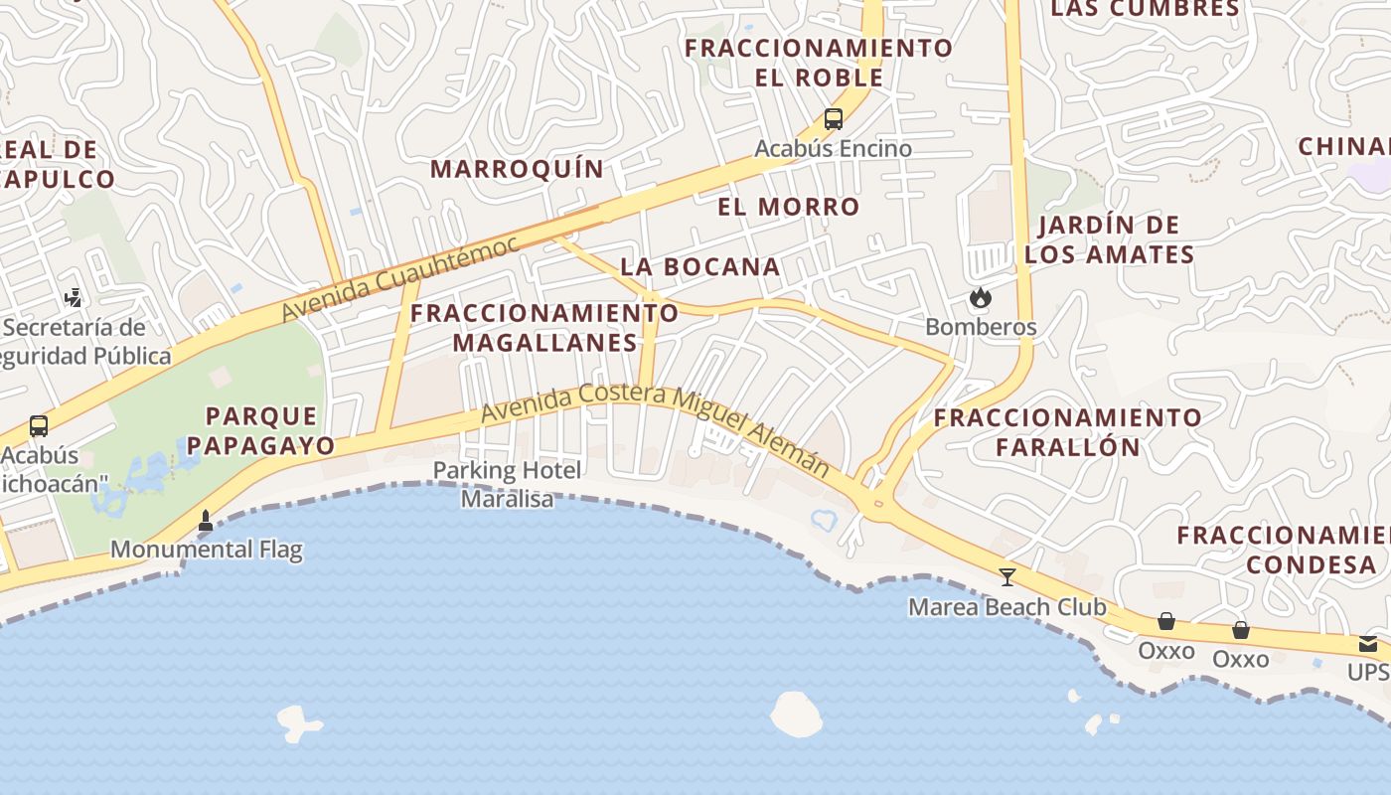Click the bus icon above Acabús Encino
pyautogui.click(x=834, y=119)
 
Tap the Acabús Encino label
pyautogui.click(x=833, y=149)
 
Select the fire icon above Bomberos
pyautogui.click(x=981, y=297)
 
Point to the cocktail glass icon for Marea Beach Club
pyautogui.click(x=1007, y=576)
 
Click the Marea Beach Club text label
pyautogui.click(x=1007, y=606)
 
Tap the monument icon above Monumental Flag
pyautogui.click(x=206, y=520)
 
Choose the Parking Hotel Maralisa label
pyautogui.click(x=508, y=484)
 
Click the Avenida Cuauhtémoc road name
pyautogui.click(x=399, y=278)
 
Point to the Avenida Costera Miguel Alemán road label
pyautogui.click(x=656, y=428)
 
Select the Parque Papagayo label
pyautogui.click(x=261, y=430)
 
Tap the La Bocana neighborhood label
pyautogui.click(x=700, y=266)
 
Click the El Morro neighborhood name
pyautogui.click(x=789, y=207)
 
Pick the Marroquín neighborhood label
pyautogui.click(x=517, y=169)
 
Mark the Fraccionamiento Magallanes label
pyautogui.click(x=544, y=328)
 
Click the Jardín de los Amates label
pyautogui.click(x=1109, y=239)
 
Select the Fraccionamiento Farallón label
pyautogui.click(x=1068, y=431)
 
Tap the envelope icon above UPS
pyautogui.click(x=1368, y=644)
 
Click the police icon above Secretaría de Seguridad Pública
pyautogui.click(x=73, y=297)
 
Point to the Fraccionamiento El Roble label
pyautogui.click(x=819, y=62)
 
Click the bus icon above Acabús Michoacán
pyautogui.click(x=39, y=426)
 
